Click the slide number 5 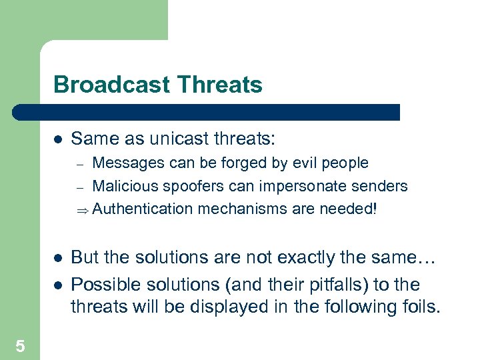(20, 345)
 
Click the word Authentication (142, 209)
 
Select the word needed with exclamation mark (347, 209)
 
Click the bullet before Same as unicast (57, 140)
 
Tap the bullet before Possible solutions (57, 285)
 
